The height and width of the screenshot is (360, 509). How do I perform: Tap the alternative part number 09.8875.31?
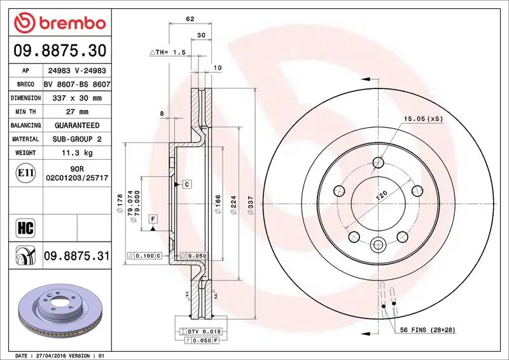(x=76, y=256)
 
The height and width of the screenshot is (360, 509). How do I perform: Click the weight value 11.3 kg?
(x=77, y=153)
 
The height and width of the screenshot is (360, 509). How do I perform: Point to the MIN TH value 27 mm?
(x=77, y=112)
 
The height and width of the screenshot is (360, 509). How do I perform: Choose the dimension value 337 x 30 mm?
(x=77, y=99)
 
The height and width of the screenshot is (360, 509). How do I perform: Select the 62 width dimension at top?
(x=190, y=18)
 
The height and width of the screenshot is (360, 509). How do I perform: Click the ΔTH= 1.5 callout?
(x=167, y=52)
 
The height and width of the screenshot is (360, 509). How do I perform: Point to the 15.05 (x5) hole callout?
(x=422, y=118)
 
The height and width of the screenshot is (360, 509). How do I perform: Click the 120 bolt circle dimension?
(x=381, y=195)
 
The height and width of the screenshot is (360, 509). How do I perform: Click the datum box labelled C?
(x=187, y=184)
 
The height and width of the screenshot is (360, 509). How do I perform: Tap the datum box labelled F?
(x=153, y=219)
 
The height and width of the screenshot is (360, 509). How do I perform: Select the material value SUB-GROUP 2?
(x=77, y=139)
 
